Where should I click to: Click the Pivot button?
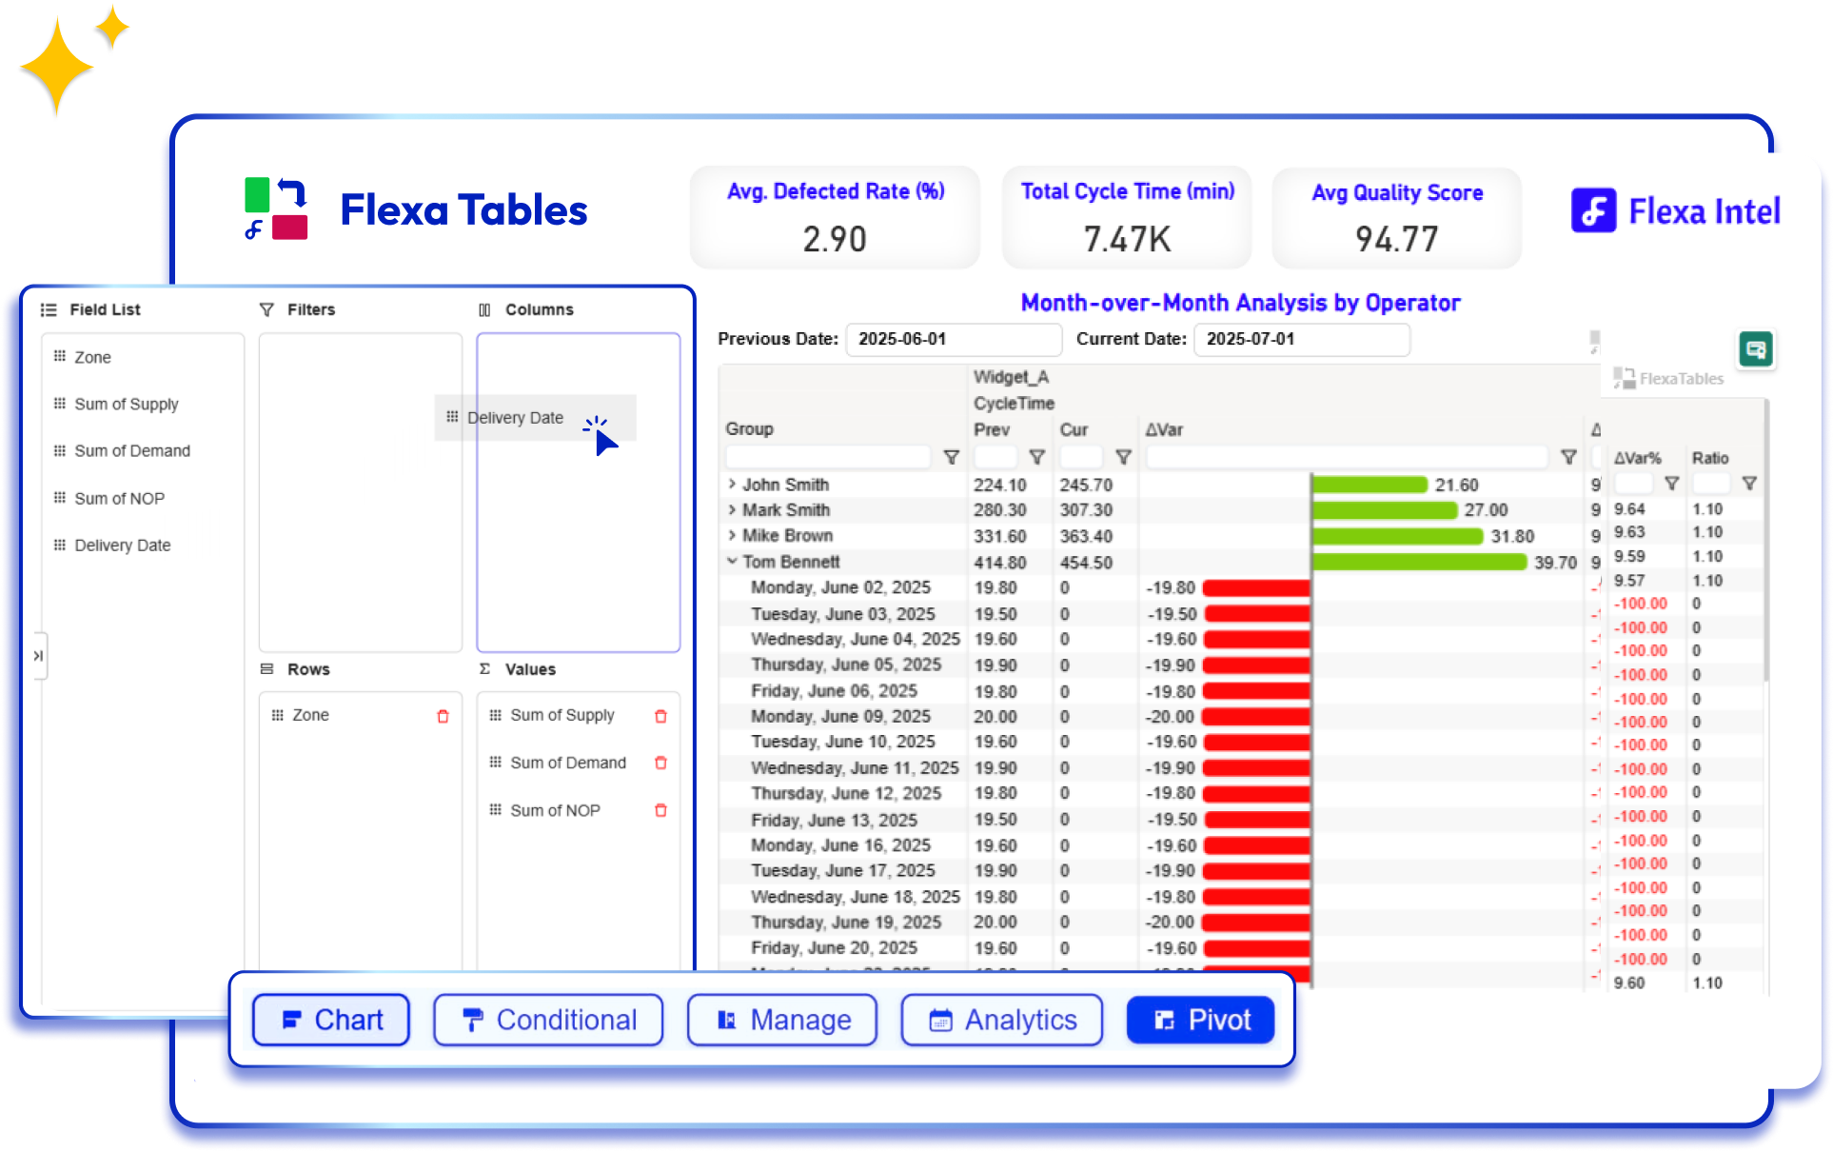(1200, 1020)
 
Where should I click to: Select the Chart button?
(331, 1020)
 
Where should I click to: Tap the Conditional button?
(548, 1020)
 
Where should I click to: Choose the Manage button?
(782, 1020)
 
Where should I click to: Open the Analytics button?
(1002, 1020)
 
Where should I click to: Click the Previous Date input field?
(953, 340)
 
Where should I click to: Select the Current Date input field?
(1301, 340)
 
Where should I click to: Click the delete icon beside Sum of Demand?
(660, 763)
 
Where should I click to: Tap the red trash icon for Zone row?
(443, 716)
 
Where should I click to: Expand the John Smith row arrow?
(732, 485)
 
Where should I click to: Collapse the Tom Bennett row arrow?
(732, 562)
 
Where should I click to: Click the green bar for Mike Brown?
(1397, 536)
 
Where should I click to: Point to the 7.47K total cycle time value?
(1127, 239)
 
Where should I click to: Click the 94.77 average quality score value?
(1396, 239)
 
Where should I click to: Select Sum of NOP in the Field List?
(119, 499)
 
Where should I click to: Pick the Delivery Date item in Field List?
(122, 546)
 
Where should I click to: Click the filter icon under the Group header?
(951, 458)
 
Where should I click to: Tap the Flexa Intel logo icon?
(1593, 210)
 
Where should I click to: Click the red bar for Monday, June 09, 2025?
(1256, 717)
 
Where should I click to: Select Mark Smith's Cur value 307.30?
(1086, 510)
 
